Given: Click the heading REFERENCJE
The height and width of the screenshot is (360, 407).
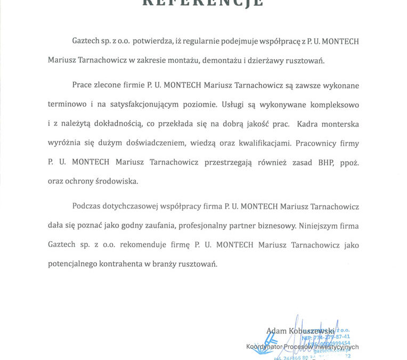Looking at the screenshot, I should (x=203, y=3).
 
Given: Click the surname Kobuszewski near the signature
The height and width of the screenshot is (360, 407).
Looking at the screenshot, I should (x=312, y=331).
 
